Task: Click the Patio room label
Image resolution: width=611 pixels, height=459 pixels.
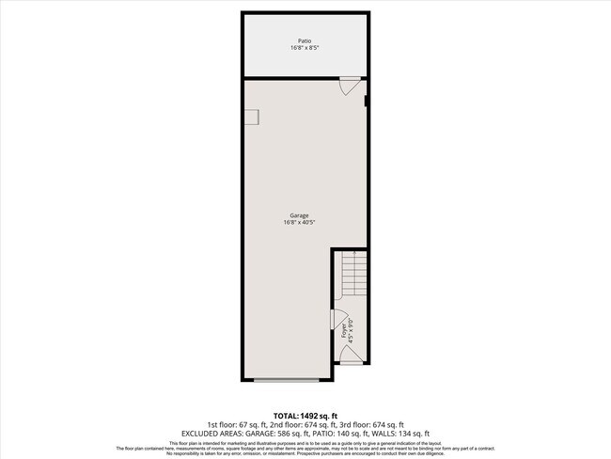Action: pos(305,40)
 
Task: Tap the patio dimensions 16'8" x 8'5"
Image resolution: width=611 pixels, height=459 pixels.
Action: pos(305,47)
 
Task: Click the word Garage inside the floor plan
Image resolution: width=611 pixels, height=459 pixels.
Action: pos(298,215)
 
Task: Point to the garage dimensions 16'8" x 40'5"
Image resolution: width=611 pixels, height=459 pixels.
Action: pos(298,223)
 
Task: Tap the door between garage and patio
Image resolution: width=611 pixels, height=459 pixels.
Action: pos(349,85)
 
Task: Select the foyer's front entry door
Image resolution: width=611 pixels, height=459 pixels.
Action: pos(350,355)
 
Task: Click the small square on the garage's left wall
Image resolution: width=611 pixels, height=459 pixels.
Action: pos(253,116)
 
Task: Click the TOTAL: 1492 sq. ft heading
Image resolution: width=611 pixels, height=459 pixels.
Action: pos(305,415)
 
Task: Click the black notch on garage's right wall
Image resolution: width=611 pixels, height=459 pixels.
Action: pos(366,93)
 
